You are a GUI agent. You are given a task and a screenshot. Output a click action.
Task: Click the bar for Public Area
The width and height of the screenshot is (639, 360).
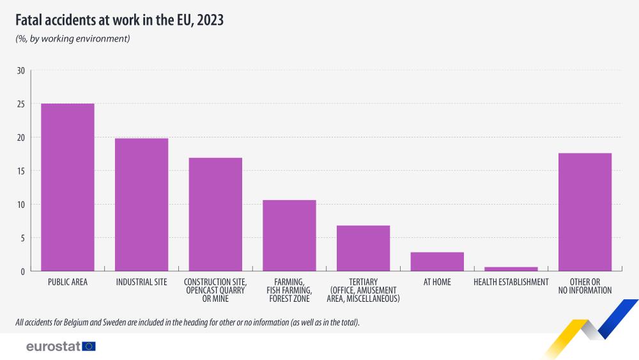tap(68, 187)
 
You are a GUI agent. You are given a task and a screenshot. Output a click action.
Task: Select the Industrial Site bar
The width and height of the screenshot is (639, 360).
tap(141, 205)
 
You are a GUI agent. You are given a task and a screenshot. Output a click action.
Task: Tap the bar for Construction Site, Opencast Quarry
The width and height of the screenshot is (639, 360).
tap(215, 214)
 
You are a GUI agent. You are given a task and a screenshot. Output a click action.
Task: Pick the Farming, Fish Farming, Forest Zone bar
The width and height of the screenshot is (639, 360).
tap(289, 235)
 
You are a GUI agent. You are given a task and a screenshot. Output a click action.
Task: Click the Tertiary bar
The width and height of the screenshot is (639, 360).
tap(363, 248)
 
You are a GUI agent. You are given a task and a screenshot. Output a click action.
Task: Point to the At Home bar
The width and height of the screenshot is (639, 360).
tap(437, 262)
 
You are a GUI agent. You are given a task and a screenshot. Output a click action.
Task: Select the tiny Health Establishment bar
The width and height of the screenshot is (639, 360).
tap(511, 269)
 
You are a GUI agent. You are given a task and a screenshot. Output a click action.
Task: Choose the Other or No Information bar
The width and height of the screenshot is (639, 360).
tap(585, 212)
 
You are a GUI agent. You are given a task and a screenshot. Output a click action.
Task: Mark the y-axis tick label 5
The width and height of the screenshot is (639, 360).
tap(22, 238)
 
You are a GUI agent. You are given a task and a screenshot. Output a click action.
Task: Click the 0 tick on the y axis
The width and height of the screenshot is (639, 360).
tap(22, 272)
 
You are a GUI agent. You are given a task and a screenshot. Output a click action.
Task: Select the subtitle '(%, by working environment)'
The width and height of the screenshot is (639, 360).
tap(73, 39)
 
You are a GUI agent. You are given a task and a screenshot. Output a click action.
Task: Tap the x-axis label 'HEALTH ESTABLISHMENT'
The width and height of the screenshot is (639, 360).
tap(511, 282)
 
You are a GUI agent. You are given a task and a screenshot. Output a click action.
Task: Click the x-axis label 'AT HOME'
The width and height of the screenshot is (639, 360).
tap(437, 282)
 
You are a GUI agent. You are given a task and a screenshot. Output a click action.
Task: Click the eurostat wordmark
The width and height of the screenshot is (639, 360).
tap(53, 347)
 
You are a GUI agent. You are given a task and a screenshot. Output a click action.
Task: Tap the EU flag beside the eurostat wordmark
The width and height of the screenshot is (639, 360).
tap(89, 347)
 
